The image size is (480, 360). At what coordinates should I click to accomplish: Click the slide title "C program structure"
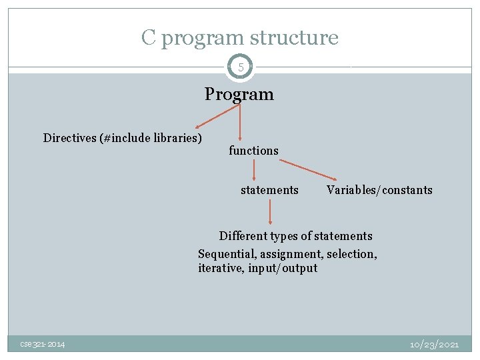click(239, 37)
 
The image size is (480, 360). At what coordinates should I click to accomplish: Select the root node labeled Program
click(239, 94)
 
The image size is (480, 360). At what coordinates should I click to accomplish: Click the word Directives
click(69, 138)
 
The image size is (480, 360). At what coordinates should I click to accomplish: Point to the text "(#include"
click(121, 138)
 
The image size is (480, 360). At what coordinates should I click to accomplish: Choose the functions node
click(253, 151)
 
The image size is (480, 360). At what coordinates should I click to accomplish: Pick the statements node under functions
click(269, 190)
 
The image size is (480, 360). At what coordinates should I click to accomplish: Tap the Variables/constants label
click(379, 190)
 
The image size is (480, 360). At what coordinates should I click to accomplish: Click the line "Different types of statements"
click(295, 236)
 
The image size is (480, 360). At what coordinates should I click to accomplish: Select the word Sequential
click(227, 254)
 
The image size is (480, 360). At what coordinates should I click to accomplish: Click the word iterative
click(221, 269)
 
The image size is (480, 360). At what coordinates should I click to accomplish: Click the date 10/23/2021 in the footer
click(434, 344)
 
